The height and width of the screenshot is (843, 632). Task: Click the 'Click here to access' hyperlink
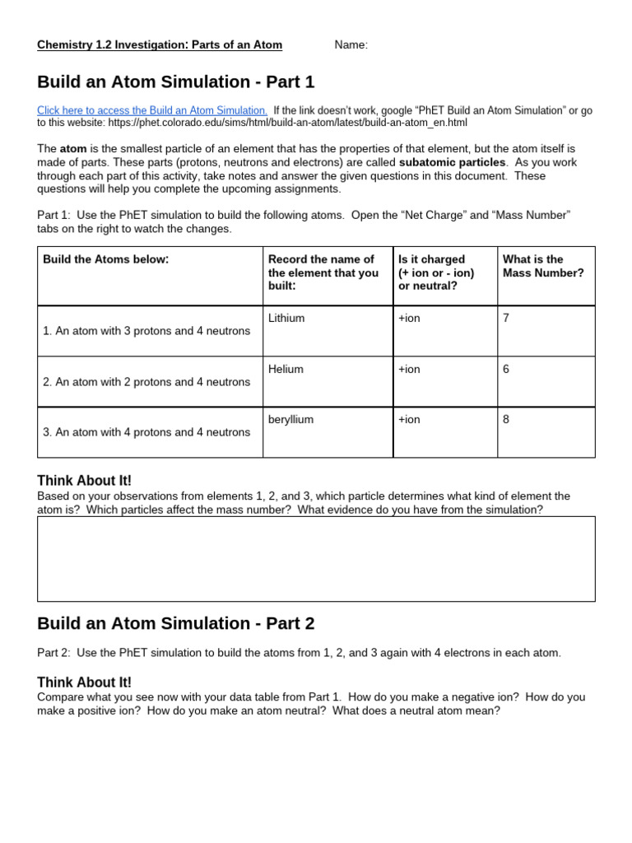click(x=152, y=110)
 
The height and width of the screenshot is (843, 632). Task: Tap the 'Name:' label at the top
click(x=351, y=45)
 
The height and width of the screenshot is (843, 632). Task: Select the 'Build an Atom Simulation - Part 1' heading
click(x=176, y=82)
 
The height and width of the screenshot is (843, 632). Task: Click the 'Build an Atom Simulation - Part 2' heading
click(x=176, y=623)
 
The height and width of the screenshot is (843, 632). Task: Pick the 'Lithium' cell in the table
click(x=286, y=319)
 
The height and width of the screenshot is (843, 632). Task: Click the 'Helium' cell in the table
click(x=286, y=370)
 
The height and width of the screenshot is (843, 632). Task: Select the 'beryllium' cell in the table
click(x=290, y=420)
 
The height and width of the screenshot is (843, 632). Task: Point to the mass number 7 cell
click(x=506, y=319)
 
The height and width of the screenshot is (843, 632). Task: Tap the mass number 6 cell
click(x=506, y=370)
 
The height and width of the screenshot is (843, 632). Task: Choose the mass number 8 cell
click(x=506, y=420)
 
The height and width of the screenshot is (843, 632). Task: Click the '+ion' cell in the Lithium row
click(x=409, y=319)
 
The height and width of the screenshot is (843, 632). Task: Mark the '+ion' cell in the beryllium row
click(x=409, y=420)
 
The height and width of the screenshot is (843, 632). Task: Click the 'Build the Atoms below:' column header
click(x=105, y=259)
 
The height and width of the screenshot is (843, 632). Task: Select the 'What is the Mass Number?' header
click(x=543, y=266)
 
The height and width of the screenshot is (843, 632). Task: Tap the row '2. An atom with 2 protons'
click(x=146, y=382)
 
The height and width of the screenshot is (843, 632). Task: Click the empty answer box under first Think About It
click(x=316, y=559)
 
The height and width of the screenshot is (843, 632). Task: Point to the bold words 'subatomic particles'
click(x=452, y=162)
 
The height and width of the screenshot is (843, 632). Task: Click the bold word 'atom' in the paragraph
click(x=73, y=149)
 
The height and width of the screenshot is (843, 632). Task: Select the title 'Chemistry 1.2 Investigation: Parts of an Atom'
click(x=160, y=45)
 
